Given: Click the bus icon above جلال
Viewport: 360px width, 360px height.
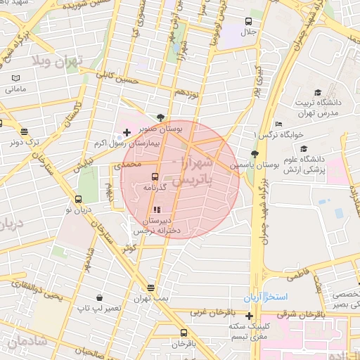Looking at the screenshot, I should point(248,22).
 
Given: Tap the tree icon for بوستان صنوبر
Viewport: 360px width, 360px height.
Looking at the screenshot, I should point(162,117).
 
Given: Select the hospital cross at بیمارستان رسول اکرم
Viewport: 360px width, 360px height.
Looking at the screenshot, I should point(127,132).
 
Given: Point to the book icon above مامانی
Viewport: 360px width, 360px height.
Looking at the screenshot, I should point(15,78).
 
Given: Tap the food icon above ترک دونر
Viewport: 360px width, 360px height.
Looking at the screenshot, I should point(25,131).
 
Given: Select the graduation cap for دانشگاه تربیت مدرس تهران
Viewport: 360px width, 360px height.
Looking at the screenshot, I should point(318,92).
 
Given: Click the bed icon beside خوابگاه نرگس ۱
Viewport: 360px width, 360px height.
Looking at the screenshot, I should point(279,124).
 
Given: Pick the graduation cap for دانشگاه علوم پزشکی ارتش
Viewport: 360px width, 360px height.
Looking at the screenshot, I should point(304,148).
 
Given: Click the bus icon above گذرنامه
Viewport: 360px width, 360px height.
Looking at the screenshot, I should point(155,177).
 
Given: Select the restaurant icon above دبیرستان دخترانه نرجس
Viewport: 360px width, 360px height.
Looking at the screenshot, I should point(156,209).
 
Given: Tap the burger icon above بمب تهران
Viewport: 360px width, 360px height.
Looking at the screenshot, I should point(150,288).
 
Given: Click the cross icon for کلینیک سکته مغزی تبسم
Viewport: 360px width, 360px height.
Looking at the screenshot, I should point(249,316).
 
